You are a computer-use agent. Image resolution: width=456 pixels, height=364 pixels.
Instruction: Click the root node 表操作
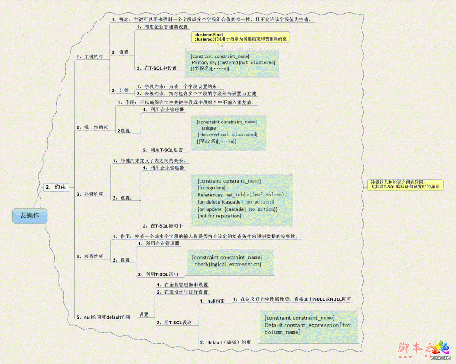[29, 216]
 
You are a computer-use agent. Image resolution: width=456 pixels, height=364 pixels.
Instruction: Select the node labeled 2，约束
[56, 187]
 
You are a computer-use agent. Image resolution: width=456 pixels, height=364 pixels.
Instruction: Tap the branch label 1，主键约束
[90, 57]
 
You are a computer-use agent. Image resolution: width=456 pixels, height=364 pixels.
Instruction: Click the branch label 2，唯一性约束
[92, 127]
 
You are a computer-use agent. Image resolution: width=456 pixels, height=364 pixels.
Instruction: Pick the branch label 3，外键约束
[90, 194]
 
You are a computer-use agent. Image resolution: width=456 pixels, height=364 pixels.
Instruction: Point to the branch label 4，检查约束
[90, 256]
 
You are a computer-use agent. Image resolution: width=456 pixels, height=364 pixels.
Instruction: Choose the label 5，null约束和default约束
[104, 317]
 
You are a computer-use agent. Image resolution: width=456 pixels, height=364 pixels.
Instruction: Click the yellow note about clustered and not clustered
[240, 37]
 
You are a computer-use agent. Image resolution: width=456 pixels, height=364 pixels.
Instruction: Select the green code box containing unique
[228, 131]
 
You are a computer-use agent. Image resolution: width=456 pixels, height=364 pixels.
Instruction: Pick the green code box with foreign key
[243, 198]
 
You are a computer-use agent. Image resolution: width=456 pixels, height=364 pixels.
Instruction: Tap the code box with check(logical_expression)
[227, 261]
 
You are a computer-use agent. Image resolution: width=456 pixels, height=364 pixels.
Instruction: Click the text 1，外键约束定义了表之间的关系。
[151, 160]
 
